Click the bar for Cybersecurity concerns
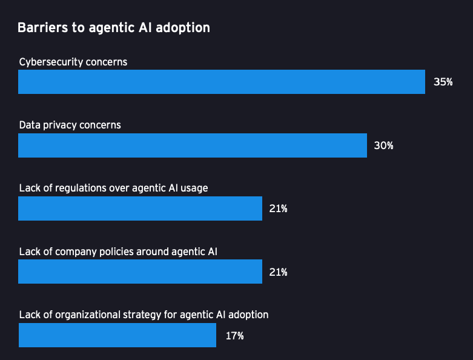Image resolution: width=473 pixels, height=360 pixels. [222, 82]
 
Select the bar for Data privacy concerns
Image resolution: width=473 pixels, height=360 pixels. [193, 145]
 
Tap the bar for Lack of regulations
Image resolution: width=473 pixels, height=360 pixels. [140, 208]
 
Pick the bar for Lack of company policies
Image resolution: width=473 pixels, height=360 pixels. [140, 272]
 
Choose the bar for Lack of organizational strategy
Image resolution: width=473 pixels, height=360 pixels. [117, 335]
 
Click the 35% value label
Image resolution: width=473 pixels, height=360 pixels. [443, 82]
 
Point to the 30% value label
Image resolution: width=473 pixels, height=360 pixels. [383, 145]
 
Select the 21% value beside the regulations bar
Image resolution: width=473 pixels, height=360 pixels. [278, 208]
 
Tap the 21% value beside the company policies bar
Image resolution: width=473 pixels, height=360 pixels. [278, 272]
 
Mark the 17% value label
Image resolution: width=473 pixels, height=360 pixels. [234, 335]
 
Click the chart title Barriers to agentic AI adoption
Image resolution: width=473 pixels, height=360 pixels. [114, 28]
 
